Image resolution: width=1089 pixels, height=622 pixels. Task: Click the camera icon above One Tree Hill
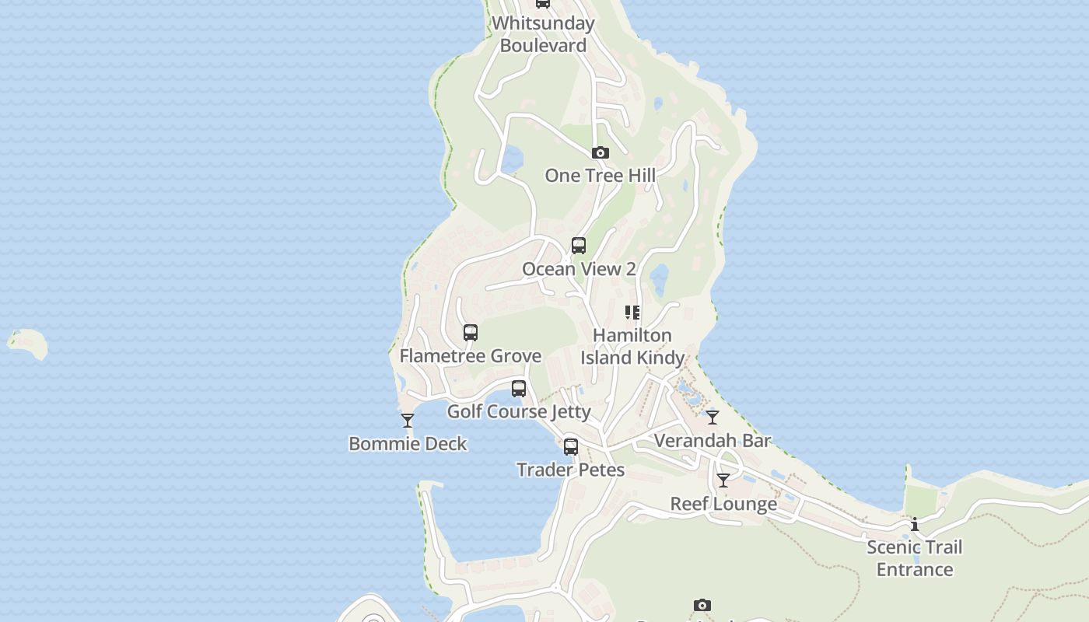tap(600, 152)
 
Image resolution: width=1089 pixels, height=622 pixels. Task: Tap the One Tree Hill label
tap(600, 176)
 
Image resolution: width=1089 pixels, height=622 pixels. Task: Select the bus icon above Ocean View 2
tap(579, 246)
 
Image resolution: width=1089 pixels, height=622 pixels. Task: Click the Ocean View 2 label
tap(579, 269)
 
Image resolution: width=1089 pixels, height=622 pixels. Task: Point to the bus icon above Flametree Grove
tap(471, 333)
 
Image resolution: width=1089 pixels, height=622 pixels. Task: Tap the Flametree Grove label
tap(471, 356)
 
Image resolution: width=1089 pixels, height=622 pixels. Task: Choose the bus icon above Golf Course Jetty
tap(519, 389)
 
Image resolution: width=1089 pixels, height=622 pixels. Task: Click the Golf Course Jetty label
tap(519, 411)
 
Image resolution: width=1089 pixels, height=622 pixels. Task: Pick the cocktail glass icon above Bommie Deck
tap(408, 421)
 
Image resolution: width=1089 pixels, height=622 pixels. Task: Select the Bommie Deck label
tap(408, 444)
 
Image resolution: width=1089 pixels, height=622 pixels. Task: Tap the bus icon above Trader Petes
tap(571, 447)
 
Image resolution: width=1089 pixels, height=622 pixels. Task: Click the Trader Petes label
tap(571, 470)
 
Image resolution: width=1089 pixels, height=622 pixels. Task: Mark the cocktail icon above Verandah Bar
tap(713, 418)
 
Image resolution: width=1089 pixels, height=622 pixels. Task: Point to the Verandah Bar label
tap(713, 441)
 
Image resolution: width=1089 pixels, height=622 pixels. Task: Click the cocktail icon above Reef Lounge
tap(723, 480)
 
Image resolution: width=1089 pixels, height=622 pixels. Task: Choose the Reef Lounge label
tap(723, 504)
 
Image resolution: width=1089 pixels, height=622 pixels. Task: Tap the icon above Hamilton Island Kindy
tap(632, 313)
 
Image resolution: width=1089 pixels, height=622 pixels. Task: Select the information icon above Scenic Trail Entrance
tap(915, 524)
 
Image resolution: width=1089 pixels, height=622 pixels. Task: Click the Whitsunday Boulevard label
tap(543, 34)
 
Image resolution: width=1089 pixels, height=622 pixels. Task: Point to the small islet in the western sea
tap(28, 343)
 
